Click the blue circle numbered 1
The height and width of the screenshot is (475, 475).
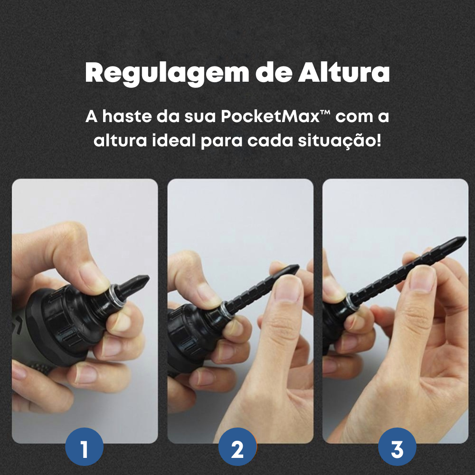pyautogui.click(x=84, y=449)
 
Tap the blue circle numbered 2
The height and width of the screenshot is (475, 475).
pyautogui.click(x=237, y=449)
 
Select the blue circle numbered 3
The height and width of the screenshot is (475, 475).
pyautogui.click(x=397, y=449)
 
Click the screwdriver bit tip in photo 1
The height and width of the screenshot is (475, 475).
pyautogui.click(x=142, y=280)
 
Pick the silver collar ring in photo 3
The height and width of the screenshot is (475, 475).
pyautogui.click(x=351, y=299)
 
